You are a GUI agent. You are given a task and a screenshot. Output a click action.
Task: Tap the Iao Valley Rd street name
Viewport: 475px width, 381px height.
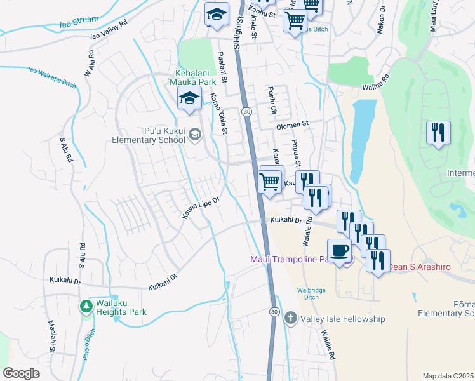(x=109, y=33)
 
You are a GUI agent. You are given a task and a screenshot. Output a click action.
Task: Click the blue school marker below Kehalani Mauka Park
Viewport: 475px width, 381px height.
(x=189, y=98)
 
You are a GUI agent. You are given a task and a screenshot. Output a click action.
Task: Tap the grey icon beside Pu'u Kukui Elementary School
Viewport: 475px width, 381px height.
(x=195, y=133)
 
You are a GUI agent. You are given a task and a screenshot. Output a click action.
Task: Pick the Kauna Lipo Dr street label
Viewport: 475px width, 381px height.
(x=200, y=208)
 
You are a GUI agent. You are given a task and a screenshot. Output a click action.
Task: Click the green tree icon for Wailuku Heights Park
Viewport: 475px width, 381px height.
(x=86, y=307)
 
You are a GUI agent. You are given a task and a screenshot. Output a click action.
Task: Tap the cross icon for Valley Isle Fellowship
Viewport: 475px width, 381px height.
(x=290, y=317)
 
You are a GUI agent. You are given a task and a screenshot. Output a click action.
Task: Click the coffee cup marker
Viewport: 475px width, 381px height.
(x=338, y=250)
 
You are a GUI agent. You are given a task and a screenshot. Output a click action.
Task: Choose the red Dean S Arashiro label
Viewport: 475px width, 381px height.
(x=419, y=267)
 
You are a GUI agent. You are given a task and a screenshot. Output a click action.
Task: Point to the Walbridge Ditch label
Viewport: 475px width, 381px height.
(x=311, y=294)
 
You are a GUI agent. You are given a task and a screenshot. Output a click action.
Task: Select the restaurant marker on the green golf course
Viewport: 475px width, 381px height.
(x=438, y=133)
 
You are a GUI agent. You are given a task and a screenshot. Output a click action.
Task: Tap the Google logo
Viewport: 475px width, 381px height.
(x=21, y=373)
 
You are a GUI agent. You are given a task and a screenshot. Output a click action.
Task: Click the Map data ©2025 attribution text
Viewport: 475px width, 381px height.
(x=448, y=376)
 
